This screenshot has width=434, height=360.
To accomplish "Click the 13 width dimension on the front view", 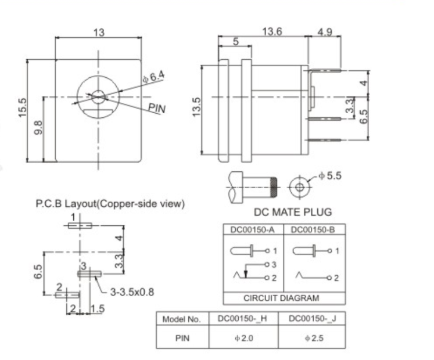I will tap(99, 33).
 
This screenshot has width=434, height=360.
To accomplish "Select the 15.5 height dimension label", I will tap(23, 109).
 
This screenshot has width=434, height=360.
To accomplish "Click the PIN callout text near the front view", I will tap(156, 108).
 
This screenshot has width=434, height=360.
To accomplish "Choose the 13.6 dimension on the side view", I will tap(271, 33).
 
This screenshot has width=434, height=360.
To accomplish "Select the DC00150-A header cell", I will tap(253, 229).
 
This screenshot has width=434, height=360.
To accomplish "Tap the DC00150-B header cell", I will tap(313, 229).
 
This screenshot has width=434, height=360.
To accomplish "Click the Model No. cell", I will tap(181, 319).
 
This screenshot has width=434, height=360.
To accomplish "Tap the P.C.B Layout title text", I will tap(110, 204).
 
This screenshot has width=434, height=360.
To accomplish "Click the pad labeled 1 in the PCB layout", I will tap(80, 225).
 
